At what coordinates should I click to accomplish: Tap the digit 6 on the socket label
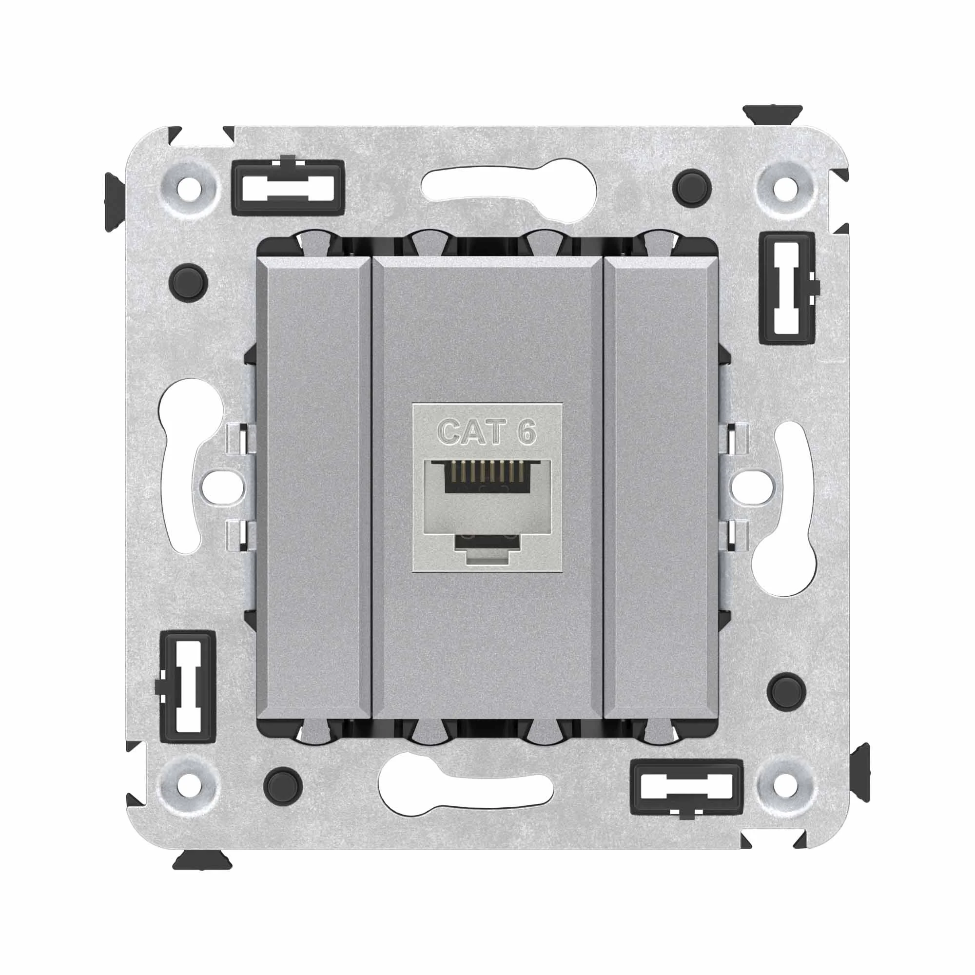(x=526, y=432)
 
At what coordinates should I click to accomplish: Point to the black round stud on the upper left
(x=189, y=282)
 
